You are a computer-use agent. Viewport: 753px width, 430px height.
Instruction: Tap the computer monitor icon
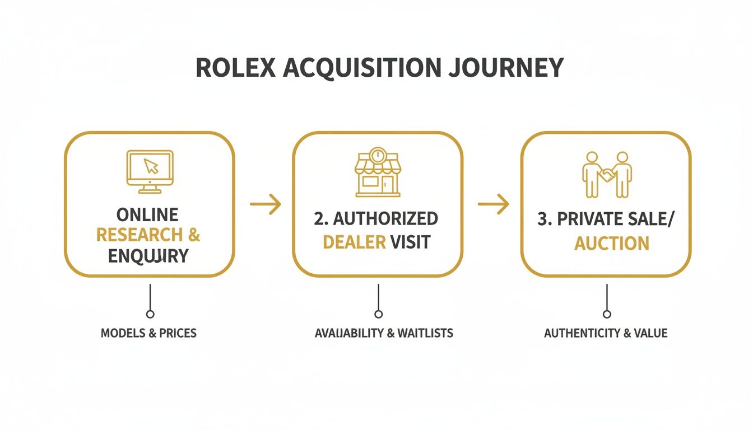pyautogui.click(x=149, y=169)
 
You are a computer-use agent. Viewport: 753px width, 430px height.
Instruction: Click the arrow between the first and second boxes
pyautogui.click(x=265, y=205)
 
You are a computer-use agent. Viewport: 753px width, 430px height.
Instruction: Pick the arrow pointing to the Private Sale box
pyautogui.click(x=493, y=205)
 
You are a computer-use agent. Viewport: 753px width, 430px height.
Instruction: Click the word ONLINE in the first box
pyautogui.click(x=147, y=214)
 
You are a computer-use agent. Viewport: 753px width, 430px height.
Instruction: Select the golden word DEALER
pyautogui.click(x=354, y=242)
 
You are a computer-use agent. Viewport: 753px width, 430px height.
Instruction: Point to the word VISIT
pyautogui.click(x=411, y=242)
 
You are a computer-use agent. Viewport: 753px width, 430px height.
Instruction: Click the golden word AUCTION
pyautogui.click(x=612, y=243)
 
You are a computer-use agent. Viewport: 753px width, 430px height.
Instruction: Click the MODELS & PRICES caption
pyautogui.click(x=148, y=333)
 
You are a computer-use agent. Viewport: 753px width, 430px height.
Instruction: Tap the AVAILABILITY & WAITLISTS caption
pyautogui.click(x=384, y=333)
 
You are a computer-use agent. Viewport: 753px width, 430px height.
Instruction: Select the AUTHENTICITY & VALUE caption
pyautogui.click(x=606, y=333)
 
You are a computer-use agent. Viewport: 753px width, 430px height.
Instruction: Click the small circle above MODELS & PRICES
pyautogui.click(x=150, y=314)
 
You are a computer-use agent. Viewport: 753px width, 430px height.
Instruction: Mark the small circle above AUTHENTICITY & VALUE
pyautogui.click(x=607, y=314)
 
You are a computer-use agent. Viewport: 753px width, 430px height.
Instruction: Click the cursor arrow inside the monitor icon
pyautogui.click(x=151, y=166)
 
